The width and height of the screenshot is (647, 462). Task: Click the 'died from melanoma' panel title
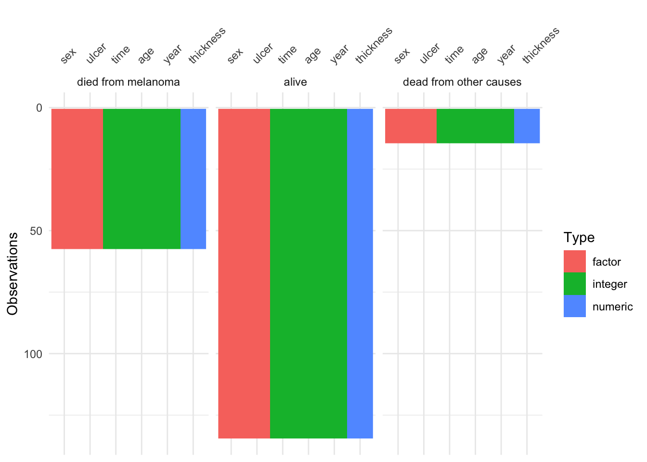coord(128,82)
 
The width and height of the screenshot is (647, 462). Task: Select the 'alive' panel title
coord(295,82)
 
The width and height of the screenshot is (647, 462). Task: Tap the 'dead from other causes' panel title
coord(462,82)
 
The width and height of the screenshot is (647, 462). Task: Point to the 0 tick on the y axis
coord(39,108)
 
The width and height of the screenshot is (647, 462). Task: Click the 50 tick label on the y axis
coord(36,231)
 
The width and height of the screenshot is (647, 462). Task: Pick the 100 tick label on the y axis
coord(33,354)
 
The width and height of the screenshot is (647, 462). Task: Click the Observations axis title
coord(13,273)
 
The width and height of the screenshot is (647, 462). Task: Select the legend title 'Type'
coord(579,238)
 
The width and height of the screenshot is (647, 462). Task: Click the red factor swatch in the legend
coord(575,261)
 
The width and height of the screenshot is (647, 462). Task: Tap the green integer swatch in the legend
coord(575,284)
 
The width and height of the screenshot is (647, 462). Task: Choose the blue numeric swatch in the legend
coord(575,306)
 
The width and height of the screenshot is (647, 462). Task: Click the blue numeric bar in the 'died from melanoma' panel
coord(193,179)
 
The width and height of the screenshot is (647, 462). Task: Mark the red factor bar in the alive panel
coord(244,273)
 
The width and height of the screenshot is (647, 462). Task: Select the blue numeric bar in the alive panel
coord(360,273)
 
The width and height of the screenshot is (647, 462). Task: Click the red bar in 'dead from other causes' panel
coord(411,126)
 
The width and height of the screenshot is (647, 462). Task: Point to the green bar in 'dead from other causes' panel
coord(475,126)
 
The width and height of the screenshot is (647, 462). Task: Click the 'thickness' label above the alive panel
coord(374,46)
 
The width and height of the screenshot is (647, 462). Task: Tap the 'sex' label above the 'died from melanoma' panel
coord(69,56)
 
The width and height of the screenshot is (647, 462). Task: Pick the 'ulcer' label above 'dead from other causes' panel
coord(429,53)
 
